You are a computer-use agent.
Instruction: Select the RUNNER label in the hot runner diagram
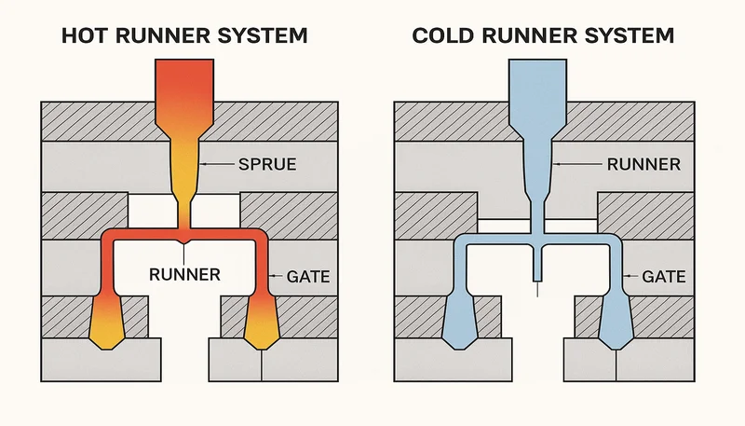point(184,274)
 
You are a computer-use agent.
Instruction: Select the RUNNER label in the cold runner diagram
point(643,164)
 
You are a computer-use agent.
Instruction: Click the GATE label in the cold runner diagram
point(664,277)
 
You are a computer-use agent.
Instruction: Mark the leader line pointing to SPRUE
point(218,164)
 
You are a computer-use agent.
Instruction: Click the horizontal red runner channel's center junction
point(186,234)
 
